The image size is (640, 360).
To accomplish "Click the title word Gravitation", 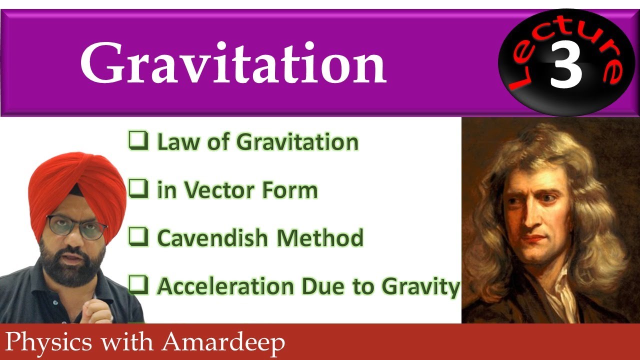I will point(233,64).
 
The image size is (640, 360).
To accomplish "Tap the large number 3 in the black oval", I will point(566,65).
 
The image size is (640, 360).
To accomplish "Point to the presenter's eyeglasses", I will point(77,227).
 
